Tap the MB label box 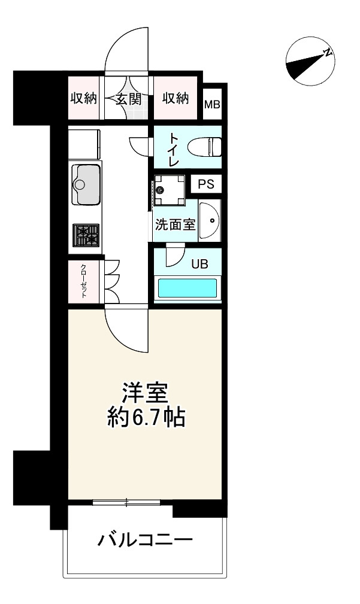(212, 105)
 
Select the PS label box (205, 184)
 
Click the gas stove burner (86, 235)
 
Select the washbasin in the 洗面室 (210, 221)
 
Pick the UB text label (199, 264)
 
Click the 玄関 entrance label (128, 99)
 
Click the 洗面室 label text (175, 225)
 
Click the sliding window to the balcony (126, 503)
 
